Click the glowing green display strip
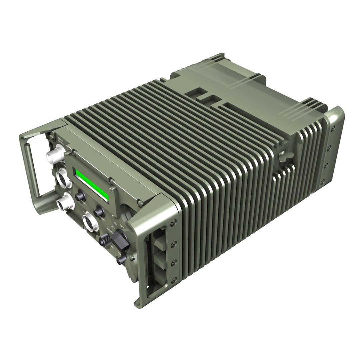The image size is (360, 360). click(x=92, y=185)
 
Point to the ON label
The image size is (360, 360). click(x=116, y=223)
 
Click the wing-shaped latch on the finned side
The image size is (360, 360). click(x=284, y=155)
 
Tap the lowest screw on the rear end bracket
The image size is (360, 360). click(x=322, y=182)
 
